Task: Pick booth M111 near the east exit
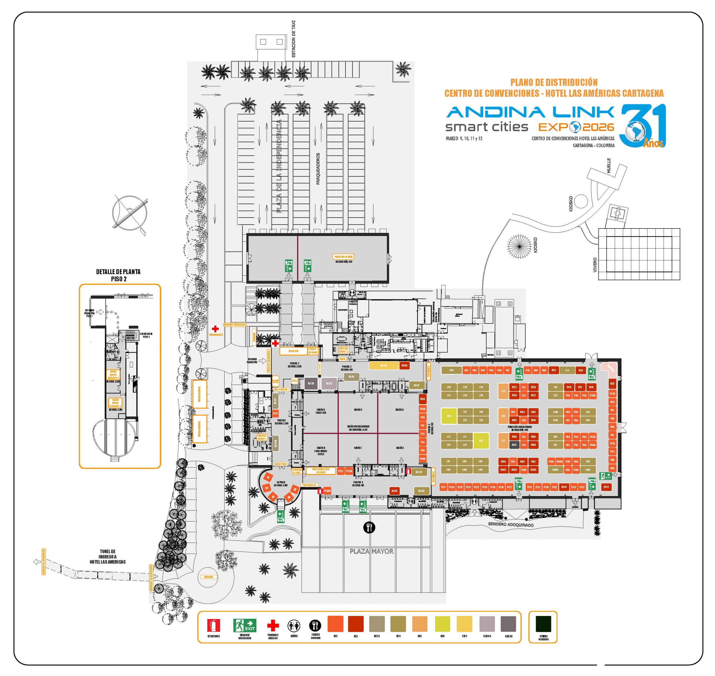(x=606, y=487)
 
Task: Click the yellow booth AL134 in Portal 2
(x=384, y=366)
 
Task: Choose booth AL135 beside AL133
(x=311, y=384)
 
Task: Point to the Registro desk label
(x=294, y=351)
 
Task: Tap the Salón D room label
(x=399, y=410)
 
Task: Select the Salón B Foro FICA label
(x=321, y=411)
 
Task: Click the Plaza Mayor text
(x=371, y=551)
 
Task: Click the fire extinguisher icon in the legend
(x=214, y=625)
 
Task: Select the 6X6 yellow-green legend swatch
(x=442, y=624)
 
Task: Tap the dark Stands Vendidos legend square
(x=543, y=624)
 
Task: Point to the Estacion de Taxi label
(x=294, y=39)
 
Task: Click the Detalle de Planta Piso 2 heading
(x=118, y=275)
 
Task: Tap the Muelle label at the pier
(x=609, y=166)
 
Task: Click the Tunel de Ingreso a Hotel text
(x=108, y=557)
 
